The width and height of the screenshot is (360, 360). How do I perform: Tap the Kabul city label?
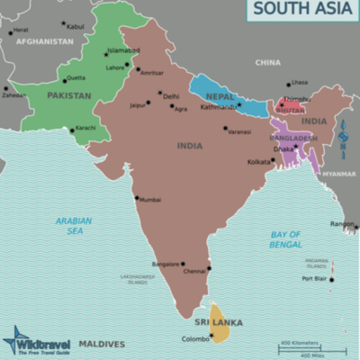click(x=76, y=27)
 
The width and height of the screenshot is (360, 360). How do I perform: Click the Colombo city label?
click(x=196, y=338)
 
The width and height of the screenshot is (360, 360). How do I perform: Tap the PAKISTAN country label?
click(x=69, y=94)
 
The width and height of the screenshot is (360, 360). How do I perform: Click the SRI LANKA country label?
click(x=217, y=321)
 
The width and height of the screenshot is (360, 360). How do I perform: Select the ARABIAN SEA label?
click(x=74, y=225)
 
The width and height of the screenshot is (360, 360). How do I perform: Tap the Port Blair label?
click(x=314, y=279)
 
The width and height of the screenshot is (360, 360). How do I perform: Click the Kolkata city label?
click(x=259, y=162)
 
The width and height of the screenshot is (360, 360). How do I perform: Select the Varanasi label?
click(x=239, y=132)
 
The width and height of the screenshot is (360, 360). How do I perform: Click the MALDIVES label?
click(x=102, y=343)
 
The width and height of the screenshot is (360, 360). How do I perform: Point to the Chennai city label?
click(x=194, y=271)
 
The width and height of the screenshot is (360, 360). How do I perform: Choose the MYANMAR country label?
click(x=339, y=173)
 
